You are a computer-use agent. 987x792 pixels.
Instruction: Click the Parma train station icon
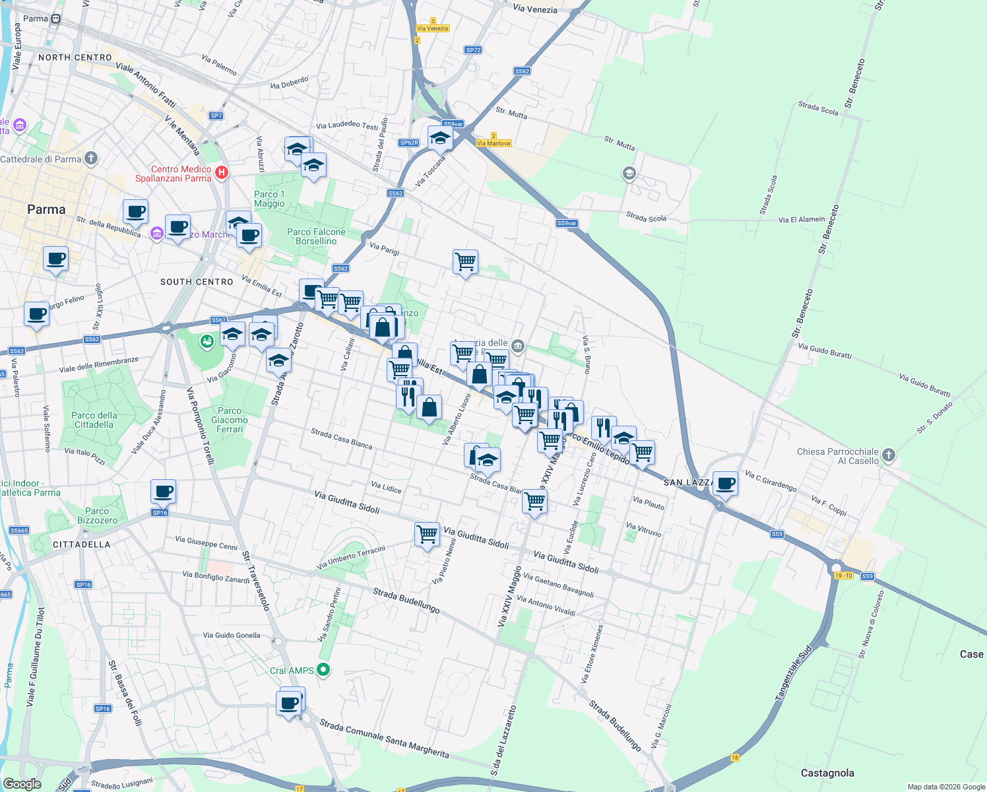coord(56,18)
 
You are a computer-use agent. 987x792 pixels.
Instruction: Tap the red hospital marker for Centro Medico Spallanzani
coord(222,173)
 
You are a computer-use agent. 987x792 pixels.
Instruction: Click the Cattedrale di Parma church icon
coord(91,158)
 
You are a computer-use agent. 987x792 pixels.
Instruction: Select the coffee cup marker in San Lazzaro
coord(725,483)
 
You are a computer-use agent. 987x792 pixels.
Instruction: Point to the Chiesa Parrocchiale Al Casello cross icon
coord(889,455)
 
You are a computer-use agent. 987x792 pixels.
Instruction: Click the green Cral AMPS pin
coord(323,670)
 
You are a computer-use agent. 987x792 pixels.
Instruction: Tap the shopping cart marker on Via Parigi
coord(465,262)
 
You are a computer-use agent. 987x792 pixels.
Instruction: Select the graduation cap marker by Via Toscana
coord(439,139)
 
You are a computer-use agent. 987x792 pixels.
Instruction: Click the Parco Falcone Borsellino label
coord(316,236)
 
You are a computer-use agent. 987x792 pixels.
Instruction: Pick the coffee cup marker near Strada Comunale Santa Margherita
coord(290,703)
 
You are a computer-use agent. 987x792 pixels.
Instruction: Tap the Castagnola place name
coord(827,773)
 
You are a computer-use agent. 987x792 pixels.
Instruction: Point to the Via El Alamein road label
coord(801,220)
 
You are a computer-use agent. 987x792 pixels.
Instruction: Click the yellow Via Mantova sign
coord(493,143)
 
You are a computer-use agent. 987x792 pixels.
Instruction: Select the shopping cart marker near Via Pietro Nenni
coord(427,533)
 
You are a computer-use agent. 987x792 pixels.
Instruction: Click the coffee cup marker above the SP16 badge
coord(163,491)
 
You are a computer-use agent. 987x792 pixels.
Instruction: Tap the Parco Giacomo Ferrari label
coord(230,420)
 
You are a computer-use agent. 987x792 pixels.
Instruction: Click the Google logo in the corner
coord(22,783)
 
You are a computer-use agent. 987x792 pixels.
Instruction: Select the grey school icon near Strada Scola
coord(629,174)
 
